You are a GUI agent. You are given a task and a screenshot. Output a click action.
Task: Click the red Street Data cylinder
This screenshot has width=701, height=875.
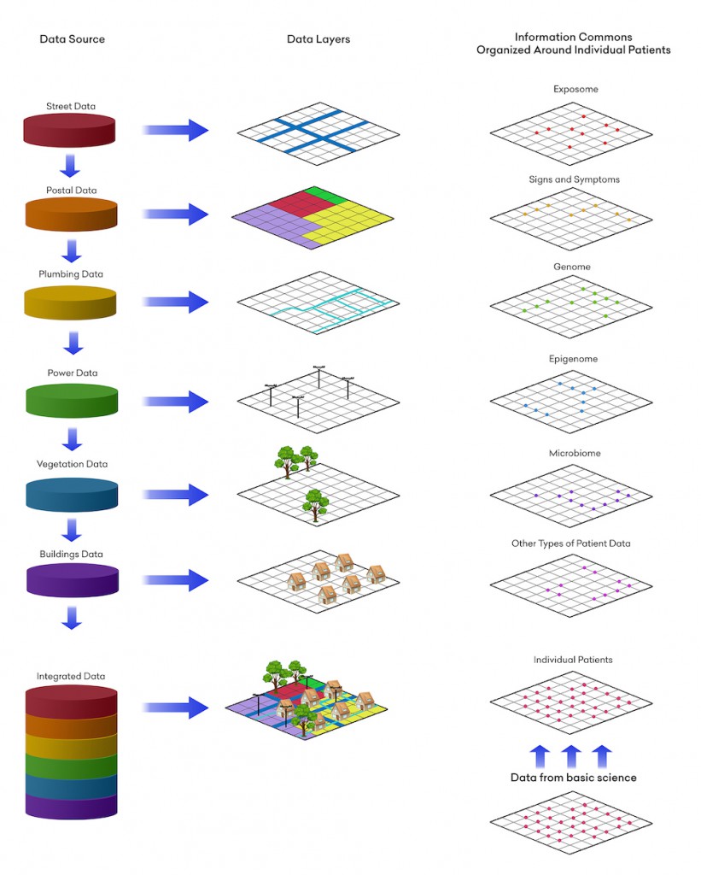tap(70, 130)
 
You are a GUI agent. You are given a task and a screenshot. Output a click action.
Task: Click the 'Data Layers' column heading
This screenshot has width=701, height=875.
tap(318, 39)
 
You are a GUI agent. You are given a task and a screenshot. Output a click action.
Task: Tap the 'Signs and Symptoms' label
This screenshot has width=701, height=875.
tap(574, 179)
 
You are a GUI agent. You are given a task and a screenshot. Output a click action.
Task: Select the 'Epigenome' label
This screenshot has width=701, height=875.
tap(573, 359)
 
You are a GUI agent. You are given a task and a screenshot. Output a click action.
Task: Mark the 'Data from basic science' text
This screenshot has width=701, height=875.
tap(573, 778)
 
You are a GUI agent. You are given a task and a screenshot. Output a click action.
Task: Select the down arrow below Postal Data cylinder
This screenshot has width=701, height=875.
tap(72, 250)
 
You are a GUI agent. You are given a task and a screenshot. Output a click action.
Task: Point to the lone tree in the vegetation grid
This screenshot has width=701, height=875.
tap(316, 502)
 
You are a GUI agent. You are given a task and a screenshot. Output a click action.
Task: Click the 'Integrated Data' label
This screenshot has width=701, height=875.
tap(71, 676)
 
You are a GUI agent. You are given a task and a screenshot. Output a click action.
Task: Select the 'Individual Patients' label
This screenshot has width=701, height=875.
tap(573, 660)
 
